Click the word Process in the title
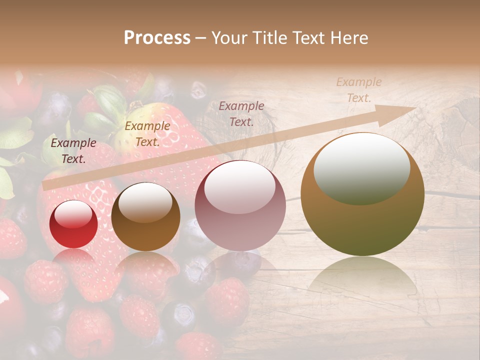[157, 38]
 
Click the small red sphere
[73, 224]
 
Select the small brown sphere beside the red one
[145, 217]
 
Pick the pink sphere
[240, 206]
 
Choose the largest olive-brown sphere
[362, 195]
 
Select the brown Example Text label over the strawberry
[147, 134]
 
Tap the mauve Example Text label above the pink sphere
[241, 113]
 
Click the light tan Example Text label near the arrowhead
[358, 90]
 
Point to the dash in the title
[200, 38]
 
